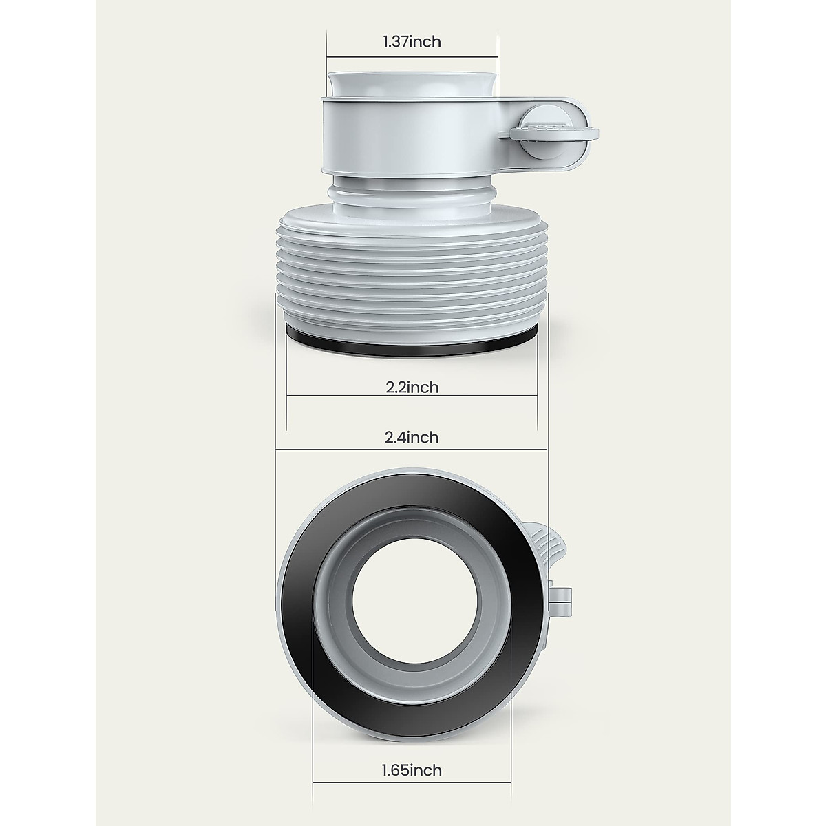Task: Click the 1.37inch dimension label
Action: [x=412, y=42]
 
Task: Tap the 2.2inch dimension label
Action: [x=412, y=388]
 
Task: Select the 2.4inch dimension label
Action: [x=412, y=437]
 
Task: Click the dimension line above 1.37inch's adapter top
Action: [x=412, y=56]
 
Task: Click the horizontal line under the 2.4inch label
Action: [x=412, y=451]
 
